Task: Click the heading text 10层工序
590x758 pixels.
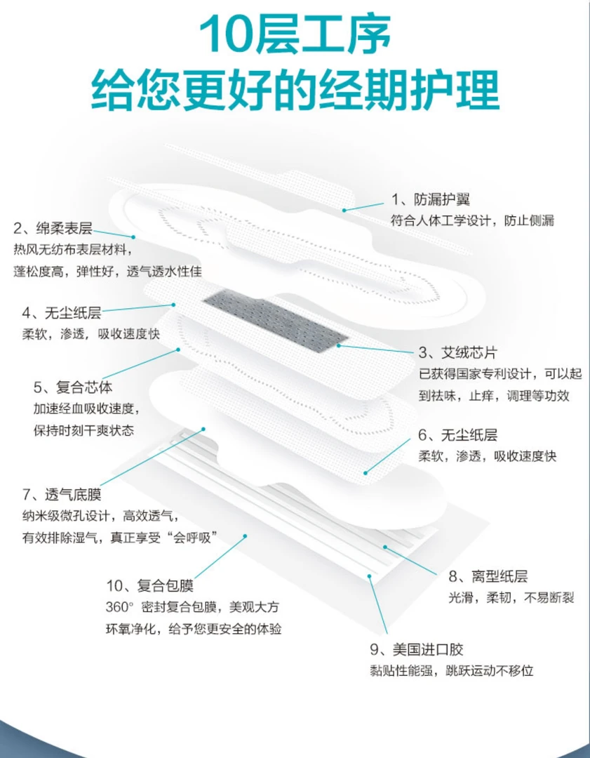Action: [295, 34]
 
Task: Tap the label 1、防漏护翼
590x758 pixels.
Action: [431, 199]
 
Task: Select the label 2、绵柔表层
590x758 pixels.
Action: [53, 227]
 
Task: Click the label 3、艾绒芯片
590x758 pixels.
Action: [457, 353]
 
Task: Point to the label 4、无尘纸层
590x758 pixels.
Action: [61, 313]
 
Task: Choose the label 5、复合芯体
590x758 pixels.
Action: [73, 387]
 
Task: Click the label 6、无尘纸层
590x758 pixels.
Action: [458, 435]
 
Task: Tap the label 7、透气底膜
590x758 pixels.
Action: [62, 495]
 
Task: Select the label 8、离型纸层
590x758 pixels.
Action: [488, 576]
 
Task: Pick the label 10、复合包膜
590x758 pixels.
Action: [150, 585]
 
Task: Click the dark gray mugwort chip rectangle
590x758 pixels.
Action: [276, 319]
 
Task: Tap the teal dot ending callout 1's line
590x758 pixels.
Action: [344, 210]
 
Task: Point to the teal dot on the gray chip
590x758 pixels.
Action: [338, 345]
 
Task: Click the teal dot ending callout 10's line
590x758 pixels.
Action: [245, 536]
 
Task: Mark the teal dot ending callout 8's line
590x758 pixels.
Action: [385, 547]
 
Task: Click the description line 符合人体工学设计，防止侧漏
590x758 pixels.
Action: [473, 221]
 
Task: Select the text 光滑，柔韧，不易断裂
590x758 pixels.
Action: [511, 598]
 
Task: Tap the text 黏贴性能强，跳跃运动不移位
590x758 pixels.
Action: [452, 671]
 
